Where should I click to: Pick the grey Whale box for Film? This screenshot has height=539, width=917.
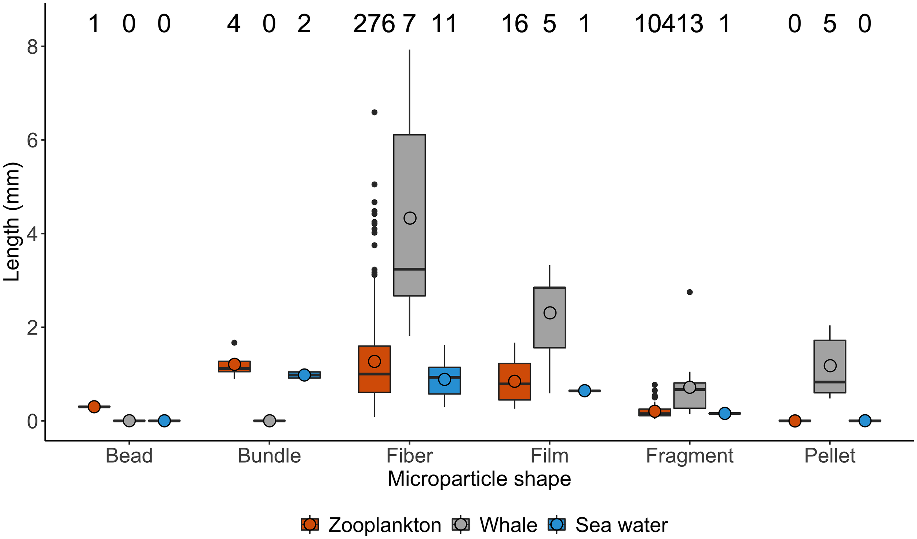point(549,330)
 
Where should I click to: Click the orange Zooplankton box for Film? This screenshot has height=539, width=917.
point(514,392)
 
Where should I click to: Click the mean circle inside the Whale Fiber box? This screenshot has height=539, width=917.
point(410,218)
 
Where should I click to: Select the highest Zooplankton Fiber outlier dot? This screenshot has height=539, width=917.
point(374,112)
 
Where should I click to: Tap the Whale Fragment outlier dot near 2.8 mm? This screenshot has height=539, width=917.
point(690,292)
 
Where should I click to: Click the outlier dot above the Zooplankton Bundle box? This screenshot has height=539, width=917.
point(234,342)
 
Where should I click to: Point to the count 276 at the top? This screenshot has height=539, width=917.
point(374,24)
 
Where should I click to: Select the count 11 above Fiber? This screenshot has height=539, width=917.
point(444,24)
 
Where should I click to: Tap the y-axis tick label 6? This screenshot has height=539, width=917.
point(32,140)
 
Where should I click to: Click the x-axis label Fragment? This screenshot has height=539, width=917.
point(690,456)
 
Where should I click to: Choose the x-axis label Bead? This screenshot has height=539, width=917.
point(129,456)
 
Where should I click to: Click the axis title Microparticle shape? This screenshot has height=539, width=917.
point(479,479)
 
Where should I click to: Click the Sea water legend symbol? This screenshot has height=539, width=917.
point(556,525)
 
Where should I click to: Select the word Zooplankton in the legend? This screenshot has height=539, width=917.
point(384,525)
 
